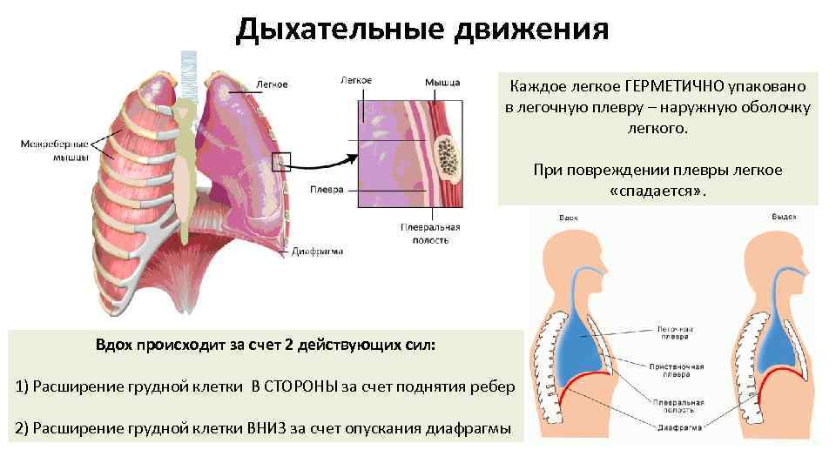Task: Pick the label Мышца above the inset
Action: click(x=442, y=82)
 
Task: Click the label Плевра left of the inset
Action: click(x=327, y=189)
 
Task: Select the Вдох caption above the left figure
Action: click(x=569, y=217)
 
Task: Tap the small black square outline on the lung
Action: click(x=281, y=161)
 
